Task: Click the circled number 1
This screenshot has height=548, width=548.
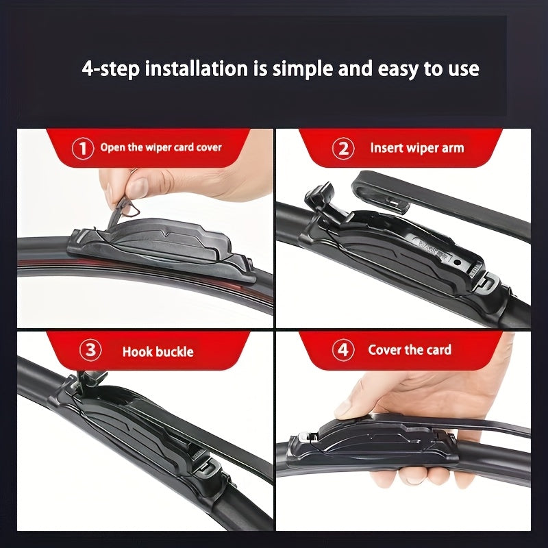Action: click(x=83, y=147)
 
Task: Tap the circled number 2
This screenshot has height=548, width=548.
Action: click(x=343, y=148)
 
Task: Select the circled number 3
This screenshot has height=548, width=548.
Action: click(x=90, y=351)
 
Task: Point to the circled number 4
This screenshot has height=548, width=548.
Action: click(x=343, y=350)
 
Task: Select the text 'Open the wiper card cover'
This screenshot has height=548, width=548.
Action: click(x=161, y=147)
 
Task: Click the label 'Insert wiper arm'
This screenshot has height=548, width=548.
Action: click(x=416, y=148)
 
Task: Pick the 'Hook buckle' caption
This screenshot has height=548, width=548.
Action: click(x=158, y=352)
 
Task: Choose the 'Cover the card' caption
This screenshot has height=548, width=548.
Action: click(x=410, y=350)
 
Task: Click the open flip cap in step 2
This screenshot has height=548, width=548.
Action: click(x=320, y=199)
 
